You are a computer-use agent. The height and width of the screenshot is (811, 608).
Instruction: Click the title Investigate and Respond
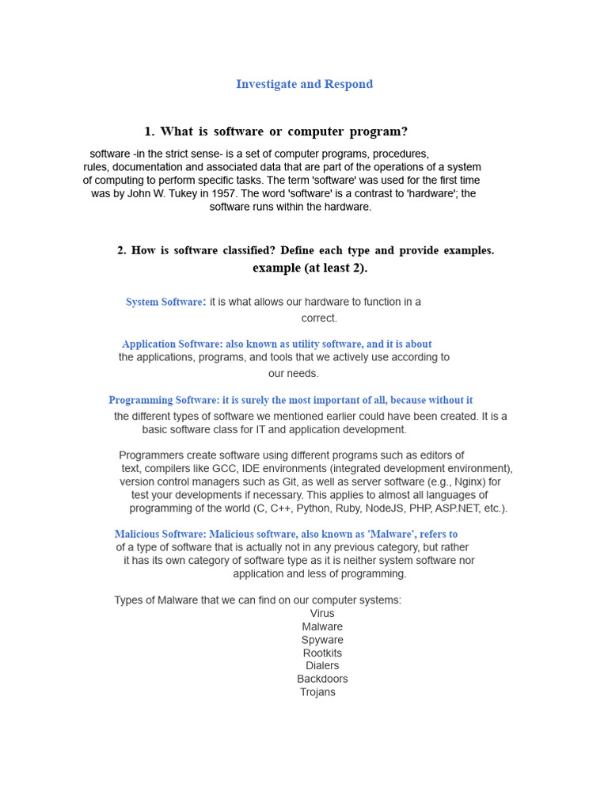pyautogui.click(x=304, y=85)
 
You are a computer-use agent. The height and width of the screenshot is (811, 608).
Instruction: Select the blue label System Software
pyautogui.click(x=165, y=302)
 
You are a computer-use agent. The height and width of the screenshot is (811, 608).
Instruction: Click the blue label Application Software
pyautogui.click(x=172, y=344)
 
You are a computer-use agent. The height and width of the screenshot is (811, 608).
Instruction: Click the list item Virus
pyautogui.click(x=322, y=613)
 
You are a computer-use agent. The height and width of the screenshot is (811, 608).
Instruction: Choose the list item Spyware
pyautogui.click(x=322, y=640)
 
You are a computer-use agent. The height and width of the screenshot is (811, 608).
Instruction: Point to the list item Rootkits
pyautogui.click(x=322, y=653)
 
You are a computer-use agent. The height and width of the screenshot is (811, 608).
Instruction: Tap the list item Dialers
pyautogui.click(x=322, y=666)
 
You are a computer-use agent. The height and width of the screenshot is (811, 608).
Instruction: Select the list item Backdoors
pyautogui.click(x=322, y=679)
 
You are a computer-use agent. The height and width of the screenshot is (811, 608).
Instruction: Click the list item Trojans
pyautogui.click(x=317, y=692)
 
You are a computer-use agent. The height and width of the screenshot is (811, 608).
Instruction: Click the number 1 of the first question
pyautogui.click(x=148, y=131)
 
